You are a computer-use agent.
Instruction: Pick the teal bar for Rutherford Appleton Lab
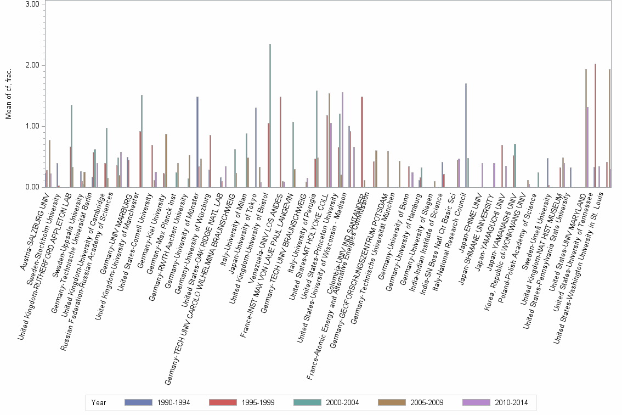[71, 146]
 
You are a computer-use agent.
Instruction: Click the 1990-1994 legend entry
[159, 402]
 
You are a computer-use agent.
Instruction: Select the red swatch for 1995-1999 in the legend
[222, 402]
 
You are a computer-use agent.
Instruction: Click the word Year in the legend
[99, 402]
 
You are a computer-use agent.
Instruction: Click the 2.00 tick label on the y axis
[32, 65]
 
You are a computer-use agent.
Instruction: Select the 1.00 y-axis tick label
[32, 126]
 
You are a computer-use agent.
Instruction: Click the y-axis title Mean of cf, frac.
[8, 93]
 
